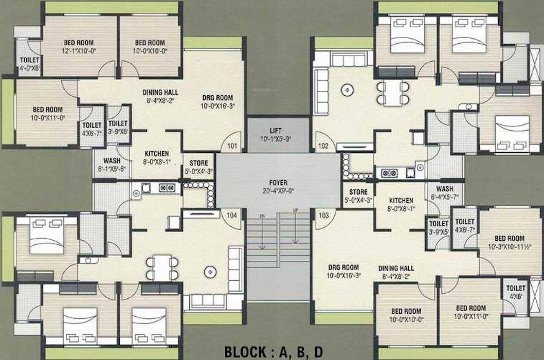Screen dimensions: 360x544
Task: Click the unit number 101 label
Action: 232,146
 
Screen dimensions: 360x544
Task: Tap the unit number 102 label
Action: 323,146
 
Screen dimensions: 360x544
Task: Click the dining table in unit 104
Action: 161,267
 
